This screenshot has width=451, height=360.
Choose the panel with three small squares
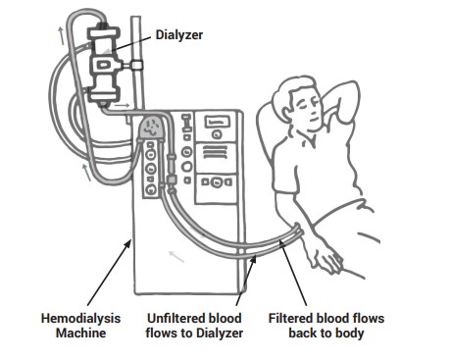coord(216,182)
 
